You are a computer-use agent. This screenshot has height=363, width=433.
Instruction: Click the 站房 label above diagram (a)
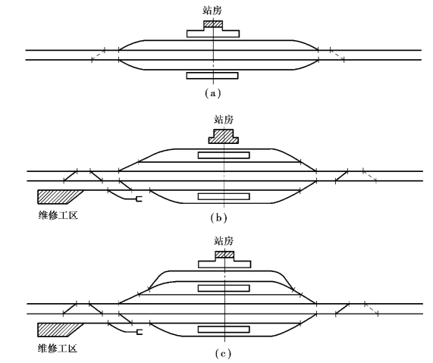212,11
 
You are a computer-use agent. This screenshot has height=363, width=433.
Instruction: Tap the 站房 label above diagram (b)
224,120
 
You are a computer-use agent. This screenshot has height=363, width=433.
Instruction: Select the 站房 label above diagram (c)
224,241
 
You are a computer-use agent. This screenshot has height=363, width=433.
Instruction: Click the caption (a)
213,93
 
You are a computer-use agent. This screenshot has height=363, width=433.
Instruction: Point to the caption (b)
218,218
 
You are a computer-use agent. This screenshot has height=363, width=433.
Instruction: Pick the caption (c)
223,353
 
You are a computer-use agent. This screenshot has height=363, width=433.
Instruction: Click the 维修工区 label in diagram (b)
58,215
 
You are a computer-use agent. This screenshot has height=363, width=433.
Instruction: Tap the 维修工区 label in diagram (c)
58,349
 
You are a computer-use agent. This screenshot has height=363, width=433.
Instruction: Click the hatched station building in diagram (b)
224,136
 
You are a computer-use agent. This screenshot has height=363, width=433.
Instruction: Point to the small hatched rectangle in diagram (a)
213,24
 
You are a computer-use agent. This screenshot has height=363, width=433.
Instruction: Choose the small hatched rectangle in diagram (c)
224,254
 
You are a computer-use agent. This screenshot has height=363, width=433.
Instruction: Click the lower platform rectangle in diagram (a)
212,76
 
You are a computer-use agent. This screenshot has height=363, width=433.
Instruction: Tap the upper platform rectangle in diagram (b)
224,155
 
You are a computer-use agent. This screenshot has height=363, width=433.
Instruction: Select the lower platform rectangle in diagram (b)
224,196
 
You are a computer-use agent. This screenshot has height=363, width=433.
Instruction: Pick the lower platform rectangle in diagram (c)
224,330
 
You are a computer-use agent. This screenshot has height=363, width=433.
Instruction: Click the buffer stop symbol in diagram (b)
140,199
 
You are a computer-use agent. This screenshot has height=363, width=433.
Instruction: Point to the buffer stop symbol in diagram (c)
140,332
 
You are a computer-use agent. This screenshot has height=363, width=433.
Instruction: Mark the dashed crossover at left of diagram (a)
99,55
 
